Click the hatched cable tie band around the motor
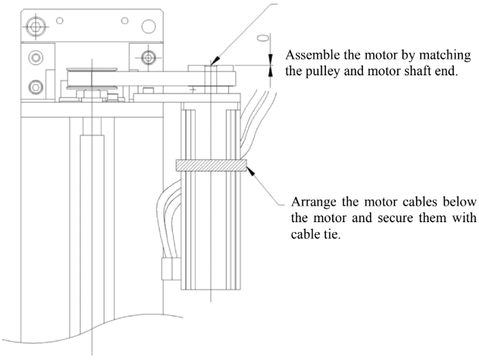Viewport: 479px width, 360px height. pos(210,165)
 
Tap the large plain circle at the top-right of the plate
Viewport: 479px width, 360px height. pos(150,26)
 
